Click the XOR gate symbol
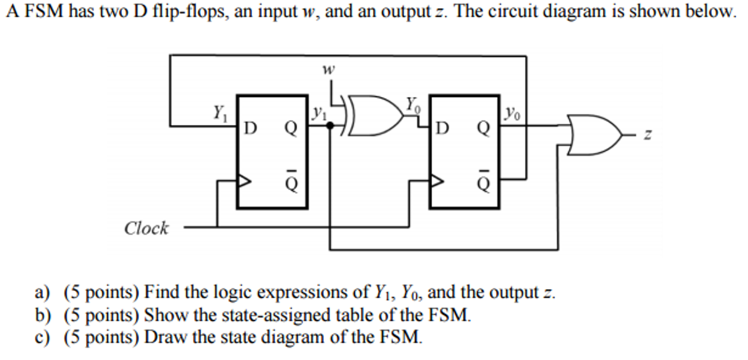pyautogui.click(x=373, y=115)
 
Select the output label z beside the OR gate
pyautogui.click(x=647, y=134)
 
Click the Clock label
pyautogui.click(x=146, y=228)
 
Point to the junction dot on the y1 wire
pyautogui.click(x=330, y=126)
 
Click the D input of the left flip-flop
pyautogui.click(x=250, y=128)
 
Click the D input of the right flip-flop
pyautogui.click(x=442, y=128)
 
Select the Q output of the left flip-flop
pyautogui.click(x=291, y=128)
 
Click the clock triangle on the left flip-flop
pyautogui.click(x=244, y=181)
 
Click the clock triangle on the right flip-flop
pyautogui.click(x=437, y=181)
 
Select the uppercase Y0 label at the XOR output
pyautogui.click(x=413, y=105)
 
